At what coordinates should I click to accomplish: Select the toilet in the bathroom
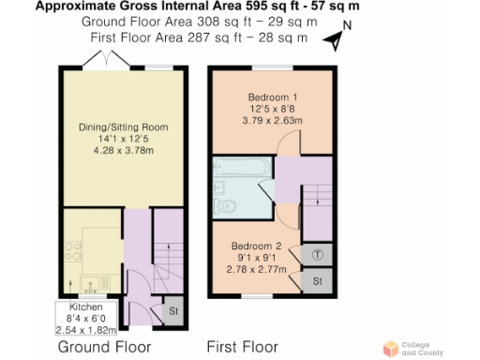[x=226, y=205]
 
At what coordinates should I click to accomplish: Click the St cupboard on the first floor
[x=318, y=281]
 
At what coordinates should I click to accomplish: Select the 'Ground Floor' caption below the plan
[x=103, y=346]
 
